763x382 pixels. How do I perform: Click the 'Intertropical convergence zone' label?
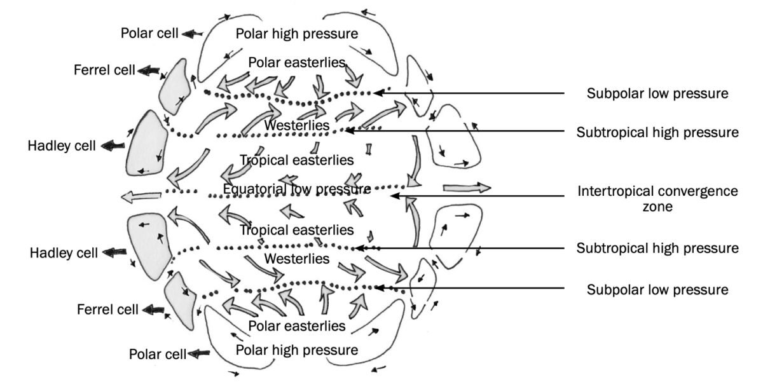657,198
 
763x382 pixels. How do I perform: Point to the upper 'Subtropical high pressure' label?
657,132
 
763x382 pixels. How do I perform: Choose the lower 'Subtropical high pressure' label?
657,248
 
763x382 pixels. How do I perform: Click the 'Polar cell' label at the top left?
150,33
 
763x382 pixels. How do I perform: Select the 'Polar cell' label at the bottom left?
158,354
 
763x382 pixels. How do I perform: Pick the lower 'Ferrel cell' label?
107,310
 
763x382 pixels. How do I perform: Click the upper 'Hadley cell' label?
62,146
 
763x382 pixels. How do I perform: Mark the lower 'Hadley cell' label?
64,253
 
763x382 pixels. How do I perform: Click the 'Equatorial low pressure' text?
296,189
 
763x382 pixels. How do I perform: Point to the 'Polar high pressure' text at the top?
296,33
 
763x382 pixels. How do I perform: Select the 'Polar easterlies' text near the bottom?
296,326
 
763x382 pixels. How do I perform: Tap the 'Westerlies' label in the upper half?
296,125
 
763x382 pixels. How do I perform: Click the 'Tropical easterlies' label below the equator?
296,229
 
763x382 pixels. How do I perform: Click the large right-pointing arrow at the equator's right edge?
467,188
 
